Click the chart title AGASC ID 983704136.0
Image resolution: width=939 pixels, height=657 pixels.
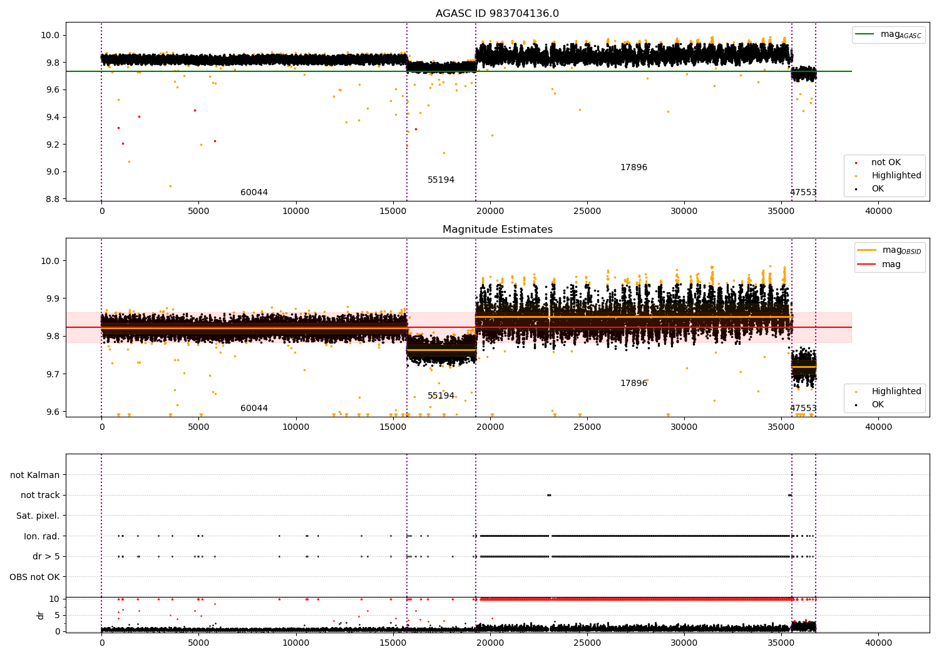(x=497, y=14)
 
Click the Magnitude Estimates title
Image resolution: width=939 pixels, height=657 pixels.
(x=497, y=230)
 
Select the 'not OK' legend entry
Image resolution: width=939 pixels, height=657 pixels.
(x=886, y=163)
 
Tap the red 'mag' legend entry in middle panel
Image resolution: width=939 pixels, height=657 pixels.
(x=891, y=264)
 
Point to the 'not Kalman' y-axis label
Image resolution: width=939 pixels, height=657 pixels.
(x=35, y=475)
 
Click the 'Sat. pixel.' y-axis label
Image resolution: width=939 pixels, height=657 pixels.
(x=38, y=516)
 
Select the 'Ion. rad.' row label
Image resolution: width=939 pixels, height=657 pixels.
(x=41, y=536)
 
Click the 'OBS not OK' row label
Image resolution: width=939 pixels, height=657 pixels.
(x=34, y=577)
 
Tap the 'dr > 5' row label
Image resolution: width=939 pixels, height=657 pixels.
(x=46, y=556)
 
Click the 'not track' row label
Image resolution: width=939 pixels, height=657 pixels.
(x=40, y=495)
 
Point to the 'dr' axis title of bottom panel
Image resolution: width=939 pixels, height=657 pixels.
(x=41, y=615)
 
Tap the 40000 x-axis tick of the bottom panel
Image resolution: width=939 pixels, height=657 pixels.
(x=878, y=643)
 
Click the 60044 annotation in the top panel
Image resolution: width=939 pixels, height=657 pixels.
(x=254, y=193)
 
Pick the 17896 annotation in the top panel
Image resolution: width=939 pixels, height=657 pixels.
(x=634, y=168)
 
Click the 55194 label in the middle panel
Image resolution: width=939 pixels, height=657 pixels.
(x=441, y=396)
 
